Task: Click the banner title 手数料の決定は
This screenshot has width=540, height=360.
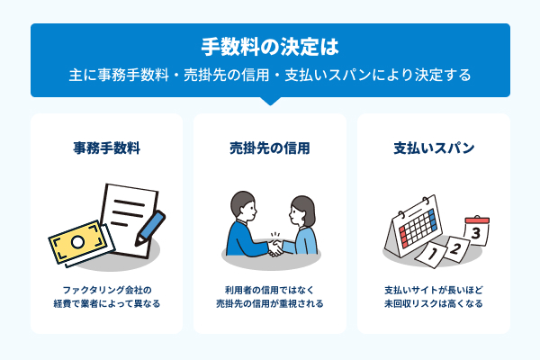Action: click(x=270, y=45)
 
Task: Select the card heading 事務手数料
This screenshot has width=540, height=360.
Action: click(x=106, y=148)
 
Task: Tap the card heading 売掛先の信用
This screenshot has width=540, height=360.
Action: click(x=270, y=148)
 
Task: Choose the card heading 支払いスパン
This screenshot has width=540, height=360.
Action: click(x=434, y=148)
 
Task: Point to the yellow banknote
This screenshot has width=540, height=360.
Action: click(x=77, y=242)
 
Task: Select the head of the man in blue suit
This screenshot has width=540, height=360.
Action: click(x=244, y=206)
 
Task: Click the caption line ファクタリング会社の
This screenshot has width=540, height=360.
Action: click(x=106, y=290)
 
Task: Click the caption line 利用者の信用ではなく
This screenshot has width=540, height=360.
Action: click(x=270, y=290)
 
